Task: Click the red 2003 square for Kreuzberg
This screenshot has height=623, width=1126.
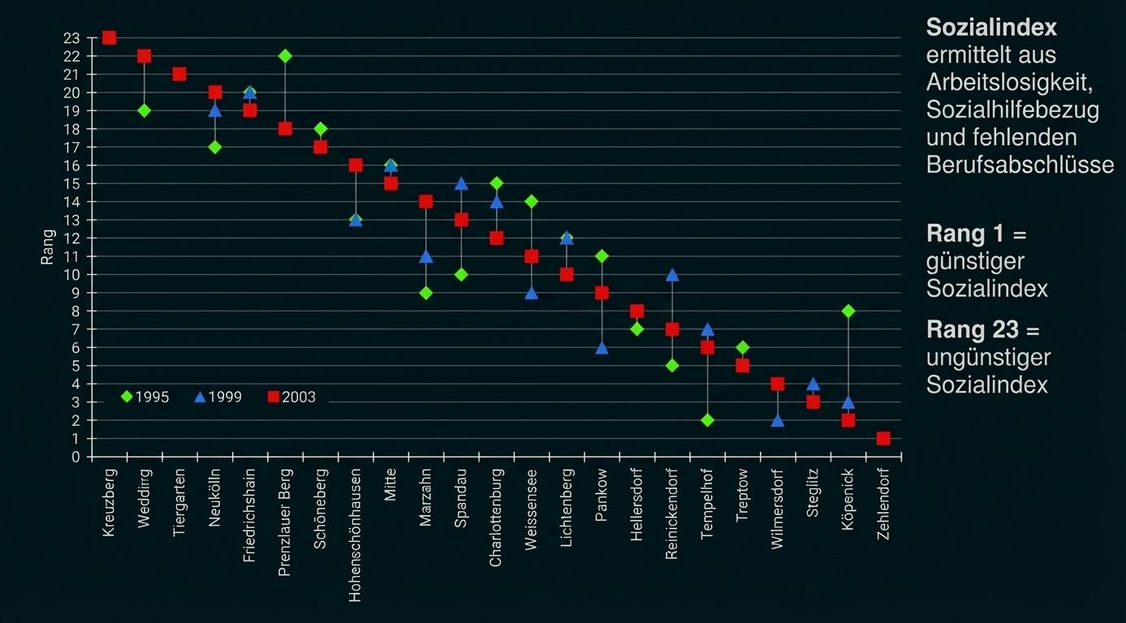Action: click(109, 38)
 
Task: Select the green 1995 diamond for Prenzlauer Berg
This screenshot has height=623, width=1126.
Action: click(285, 56)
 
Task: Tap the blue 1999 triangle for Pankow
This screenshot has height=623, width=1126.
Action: click(602, 348)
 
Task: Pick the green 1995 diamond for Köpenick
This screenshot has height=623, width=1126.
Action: click(848, 311)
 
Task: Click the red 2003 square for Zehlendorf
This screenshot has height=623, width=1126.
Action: click(883, 439)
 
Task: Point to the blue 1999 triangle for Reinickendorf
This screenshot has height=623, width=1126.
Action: click(672, 275)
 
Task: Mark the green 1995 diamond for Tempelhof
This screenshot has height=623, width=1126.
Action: click(707, 420)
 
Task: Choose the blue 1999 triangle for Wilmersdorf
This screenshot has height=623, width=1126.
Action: click(778, 420)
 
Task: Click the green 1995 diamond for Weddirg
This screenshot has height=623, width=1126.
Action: click(145, 110)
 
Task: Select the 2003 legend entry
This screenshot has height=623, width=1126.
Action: click(291, 397)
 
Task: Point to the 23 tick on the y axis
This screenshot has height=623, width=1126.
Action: click(71, 38)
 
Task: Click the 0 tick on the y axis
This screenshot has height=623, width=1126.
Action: click(75, 457)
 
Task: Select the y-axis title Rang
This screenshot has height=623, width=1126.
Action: click(48, 247)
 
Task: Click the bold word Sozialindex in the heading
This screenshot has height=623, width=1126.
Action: click(991, 28)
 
